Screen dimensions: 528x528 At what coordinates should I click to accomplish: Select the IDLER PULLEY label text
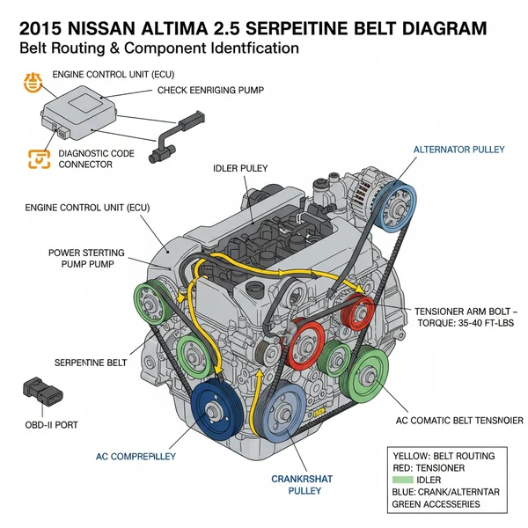(x=240, y=167)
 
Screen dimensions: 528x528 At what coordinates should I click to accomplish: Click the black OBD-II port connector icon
(x=39, y=392)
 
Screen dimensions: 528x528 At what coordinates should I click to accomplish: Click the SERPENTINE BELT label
(x=92, y=362)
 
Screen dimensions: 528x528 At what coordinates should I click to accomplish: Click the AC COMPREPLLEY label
(x=136, y=457)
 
